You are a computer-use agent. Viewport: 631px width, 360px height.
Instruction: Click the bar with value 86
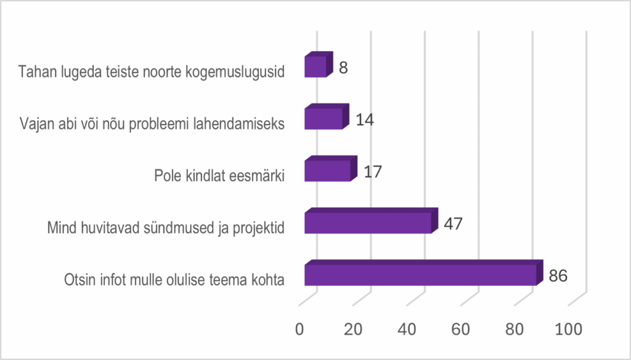coord(420,274)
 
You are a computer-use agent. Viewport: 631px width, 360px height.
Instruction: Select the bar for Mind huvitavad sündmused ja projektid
coord(368,223)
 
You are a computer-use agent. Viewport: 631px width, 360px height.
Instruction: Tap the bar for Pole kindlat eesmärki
coord(328,171)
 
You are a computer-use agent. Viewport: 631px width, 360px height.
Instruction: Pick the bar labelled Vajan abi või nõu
coord(324,118)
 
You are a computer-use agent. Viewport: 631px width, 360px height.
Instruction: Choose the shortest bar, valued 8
coord(315,66)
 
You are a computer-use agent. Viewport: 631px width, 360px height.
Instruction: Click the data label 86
coord(558,275)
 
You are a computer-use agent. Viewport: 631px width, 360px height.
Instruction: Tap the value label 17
coord(372,171)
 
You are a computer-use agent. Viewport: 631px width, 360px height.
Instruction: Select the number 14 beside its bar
coord(364,118)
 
